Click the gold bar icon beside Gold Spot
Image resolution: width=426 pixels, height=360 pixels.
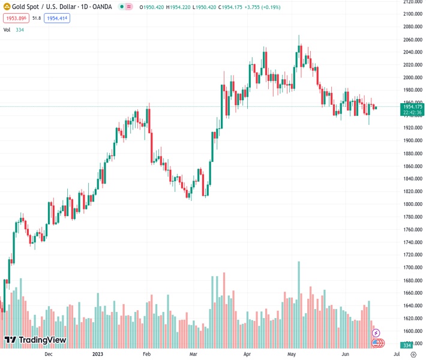7,7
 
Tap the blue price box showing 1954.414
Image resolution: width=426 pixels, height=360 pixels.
57,18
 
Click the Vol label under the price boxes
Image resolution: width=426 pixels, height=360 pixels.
7,29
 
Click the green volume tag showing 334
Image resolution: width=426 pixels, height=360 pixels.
406,345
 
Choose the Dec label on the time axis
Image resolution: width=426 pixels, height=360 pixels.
50,354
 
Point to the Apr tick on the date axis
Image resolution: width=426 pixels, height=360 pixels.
246,354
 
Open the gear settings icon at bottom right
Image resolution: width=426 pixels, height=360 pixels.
413,354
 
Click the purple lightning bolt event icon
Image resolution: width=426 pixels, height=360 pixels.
376,333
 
